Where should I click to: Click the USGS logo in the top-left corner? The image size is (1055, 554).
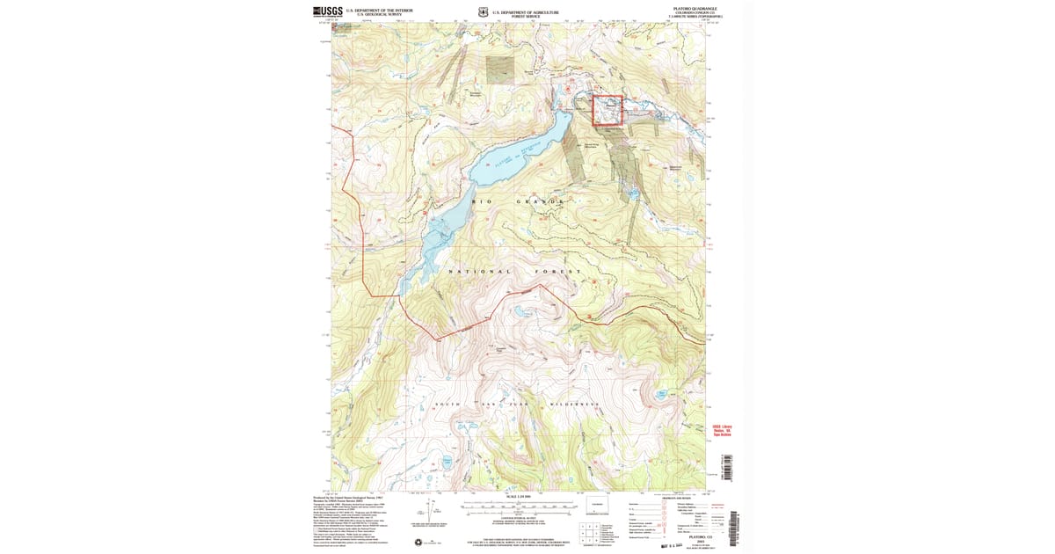328,12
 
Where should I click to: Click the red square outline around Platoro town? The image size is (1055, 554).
608,111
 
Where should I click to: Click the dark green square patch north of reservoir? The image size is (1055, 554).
499,70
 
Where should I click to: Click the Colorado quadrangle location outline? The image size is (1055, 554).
599,510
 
